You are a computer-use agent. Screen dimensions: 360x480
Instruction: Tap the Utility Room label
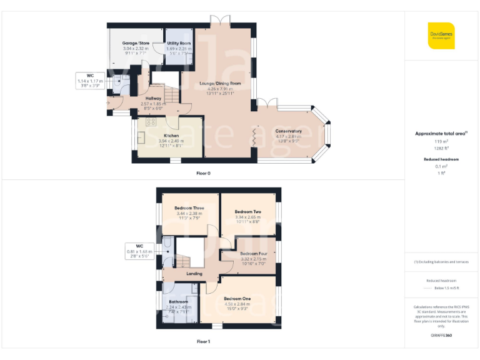pyautogui.click(x=179, y=43)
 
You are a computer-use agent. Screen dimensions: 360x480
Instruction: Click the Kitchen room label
pyautogui.click(x=171, y=136)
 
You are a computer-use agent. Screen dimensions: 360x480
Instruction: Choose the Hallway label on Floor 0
pyautogui.click(x=154, y=98)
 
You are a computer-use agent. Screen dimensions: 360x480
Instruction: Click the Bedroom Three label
pyautogui.click(x=189, y=208)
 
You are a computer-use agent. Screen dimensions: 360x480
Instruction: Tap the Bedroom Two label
pyautogui.click(x=248, y=212)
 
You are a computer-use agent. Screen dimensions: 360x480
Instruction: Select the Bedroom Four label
pyautogui.click(x=253, y=254)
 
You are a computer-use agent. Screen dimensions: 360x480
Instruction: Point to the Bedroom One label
pyautogui.click(x=237, y=299)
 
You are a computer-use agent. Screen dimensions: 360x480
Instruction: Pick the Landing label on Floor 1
pyautogui.click(x=194, y=273)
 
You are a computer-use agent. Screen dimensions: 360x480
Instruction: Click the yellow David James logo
pyautogui.click(x=441, y=35)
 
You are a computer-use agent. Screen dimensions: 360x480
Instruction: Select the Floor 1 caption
pyautogui.click(x=203, y=342)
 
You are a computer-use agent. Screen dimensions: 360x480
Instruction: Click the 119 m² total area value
pyautogui.click(x=441, y=141)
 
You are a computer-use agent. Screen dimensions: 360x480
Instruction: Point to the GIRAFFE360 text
pyautogui.click(x=441, y=336)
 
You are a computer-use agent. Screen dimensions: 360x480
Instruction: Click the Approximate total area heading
pyautogui.click(x=441, y=134)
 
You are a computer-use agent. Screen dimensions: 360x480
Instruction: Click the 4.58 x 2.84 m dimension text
pyautogui.click(x=237, y=304)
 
